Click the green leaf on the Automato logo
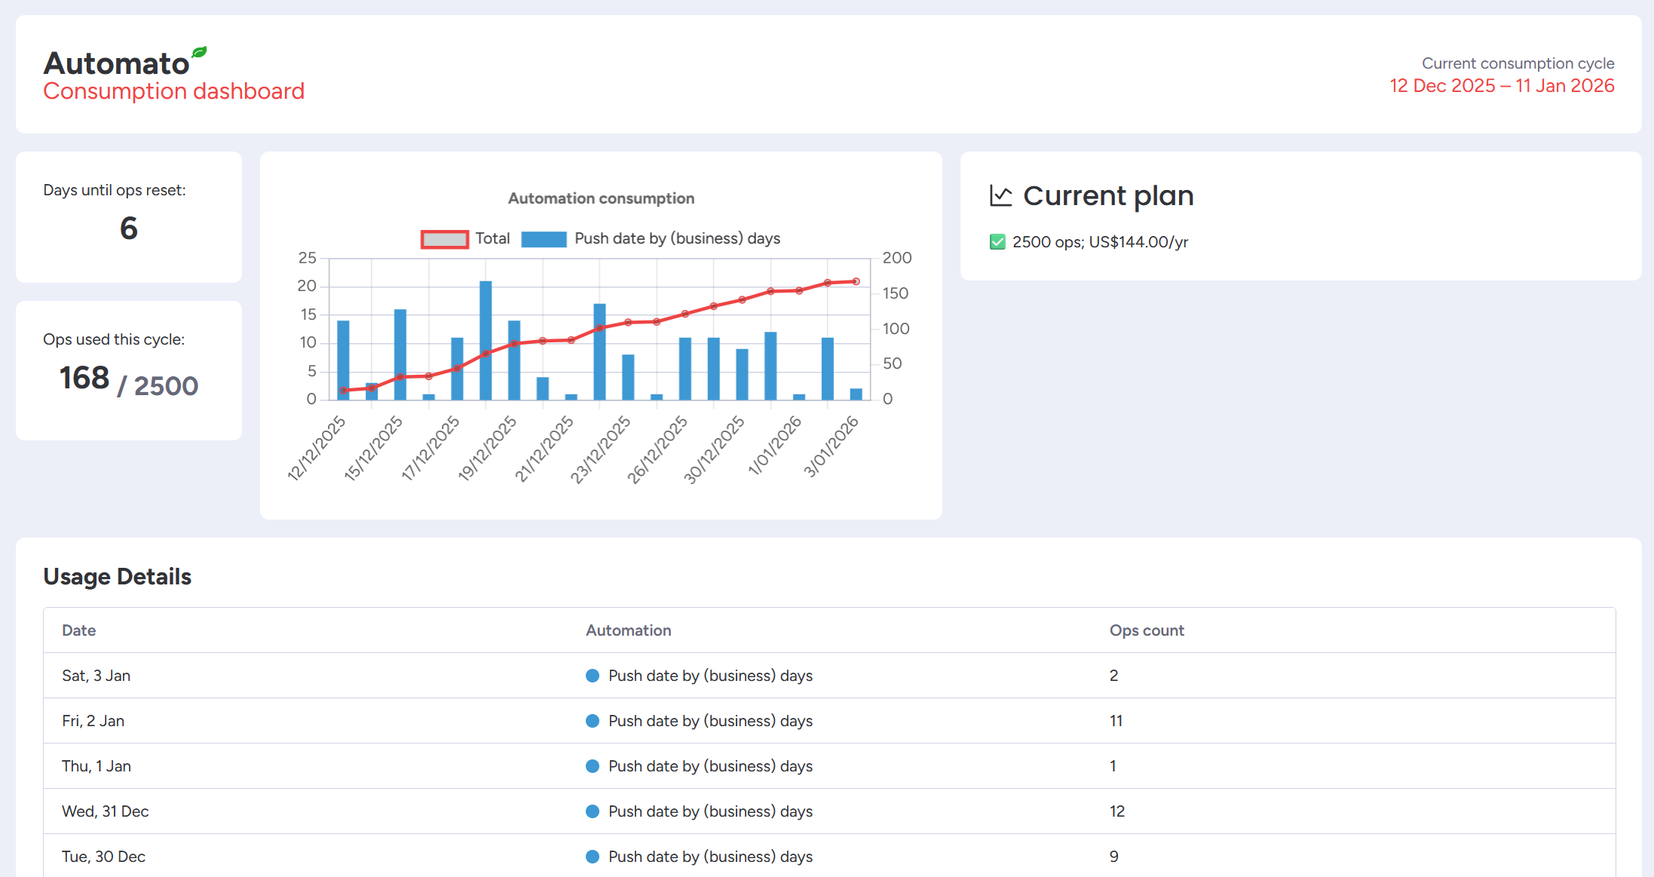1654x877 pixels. coord(199,52)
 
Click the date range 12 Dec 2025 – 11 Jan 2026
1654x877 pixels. coord(1502,86)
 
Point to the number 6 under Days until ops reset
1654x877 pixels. coord(129,228)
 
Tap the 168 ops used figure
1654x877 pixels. coord(84,378)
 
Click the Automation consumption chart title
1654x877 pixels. coord(601,198)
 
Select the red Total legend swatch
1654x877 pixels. coord(445,239)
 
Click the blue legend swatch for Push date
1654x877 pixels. coord(544,239)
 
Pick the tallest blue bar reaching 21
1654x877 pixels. coord(485,339)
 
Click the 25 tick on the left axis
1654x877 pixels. coord(307,258)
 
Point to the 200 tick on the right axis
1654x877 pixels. coord(897,258)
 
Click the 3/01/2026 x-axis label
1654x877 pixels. coord(831,446)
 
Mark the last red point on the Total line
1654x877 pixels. coord(856,281)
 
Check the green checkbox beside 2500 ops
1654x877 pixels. coord(997,242)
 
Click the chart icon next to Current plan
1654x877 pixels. coord(1000,196)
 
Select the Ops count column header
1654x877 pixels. coord(1146,630)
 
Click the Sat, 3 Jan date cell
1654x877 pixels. coord(96,676)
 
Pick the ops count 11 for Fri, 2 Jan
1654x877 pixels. coord(1116,721)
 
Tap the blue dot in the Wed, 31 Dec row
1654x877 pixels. coord(593,811)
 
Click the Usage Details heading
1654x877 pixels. coord(117,577)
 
